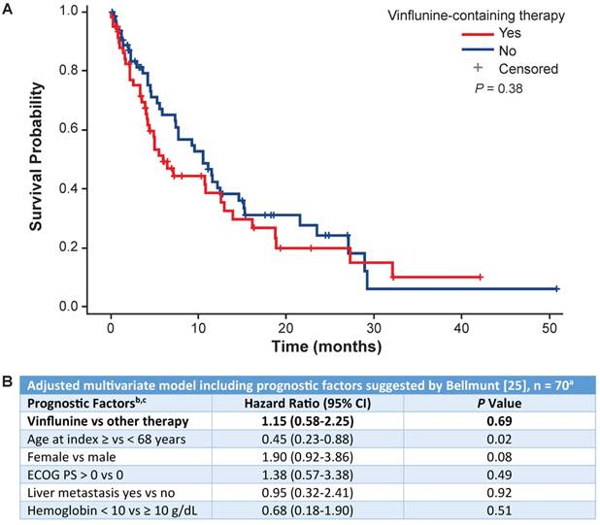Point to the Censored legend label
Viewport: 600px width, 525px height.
528,69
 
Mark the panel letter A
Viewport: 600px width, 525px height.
9,10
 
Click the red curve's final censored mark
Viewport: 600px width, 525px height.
481,277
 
